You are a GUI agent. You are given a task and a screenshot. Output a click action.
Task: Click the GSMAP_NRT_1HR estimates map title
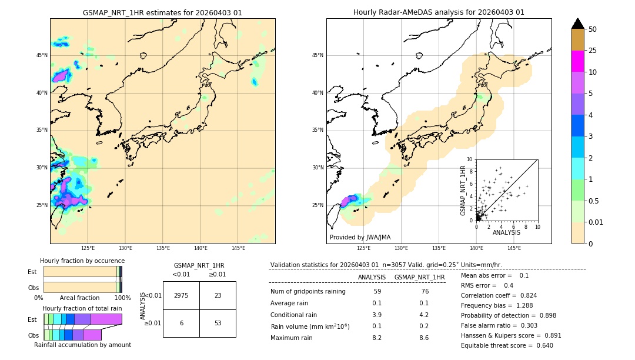tap(162, 12)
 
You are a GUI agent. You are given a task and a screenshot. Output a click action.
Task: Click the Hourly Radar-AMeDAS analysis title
tap(439, 12)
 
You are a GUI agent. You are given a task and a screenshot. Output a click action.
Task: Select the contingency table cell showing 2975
tap(181, 295)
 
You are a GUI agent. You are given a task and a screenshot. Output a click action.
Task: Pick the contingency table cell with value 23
tap(218, 295)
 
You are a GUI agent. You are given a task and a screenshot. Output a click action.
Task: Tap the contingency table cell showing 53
tap(218, 323)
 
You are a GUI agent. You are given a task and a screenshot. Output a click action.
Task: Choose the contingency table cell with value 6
tap(181, 323)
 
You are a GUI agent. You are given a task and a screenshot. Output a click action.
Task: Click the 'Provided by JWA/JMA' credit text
tap(360, 237)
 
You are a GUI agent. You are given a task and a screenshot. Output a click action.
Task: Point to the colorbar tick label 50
tap(593, 29)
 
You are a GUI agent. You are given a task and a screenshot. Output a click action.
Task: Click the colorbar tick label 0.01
tap(596, 222)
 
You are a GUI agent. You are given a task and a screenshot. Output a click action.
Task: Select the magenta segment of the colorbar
tap(577, 61)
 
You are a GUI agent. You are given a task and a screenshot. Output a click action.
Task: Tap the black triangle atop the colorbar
tap(577, 24)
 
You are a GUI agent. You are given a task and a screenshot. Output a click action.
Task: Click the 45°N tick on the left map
tap(42, 55)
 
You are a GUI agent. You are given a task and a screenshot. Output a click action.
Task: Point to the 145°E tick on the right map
tap(514, 248)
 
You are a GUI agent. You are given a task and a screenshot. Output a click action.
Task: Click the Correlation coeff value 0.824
tap(524, 295)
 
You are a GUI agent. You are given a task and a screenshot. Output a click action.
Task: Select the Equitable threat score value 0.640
tap(540, 345)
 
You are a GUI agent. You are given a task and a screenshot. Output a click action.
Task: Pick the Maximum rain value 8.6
tap(423, 338)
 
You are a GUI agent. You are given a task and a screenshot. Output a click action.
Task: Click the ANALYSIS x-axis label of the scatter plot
tap(506, 232)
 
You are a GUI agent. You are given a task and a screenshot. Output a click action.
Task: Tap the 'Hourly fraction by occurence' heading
tap(82, 261)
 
